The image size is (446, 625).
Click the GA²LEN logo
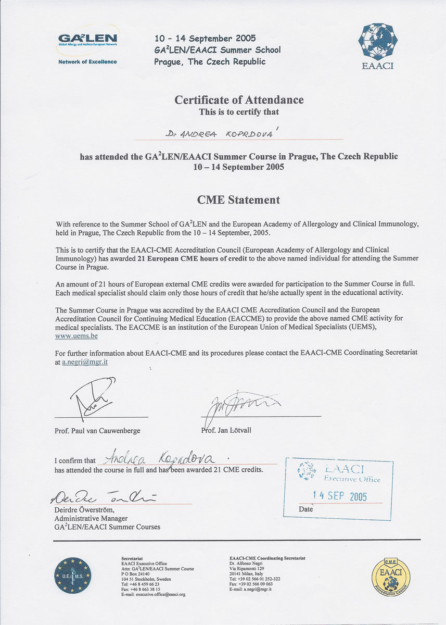tap(87, 40)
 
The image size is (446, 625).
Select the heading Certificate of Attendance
tap(239, 100)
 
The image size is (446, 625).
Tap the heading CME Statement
tap(238, 199)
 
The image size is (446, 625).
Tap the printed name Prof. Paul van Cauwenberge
tap(97, 431)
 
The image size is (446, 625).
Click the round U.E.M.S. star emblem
tap(73, 575)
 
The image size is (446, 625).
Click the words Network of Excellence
tap(87, 61)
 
